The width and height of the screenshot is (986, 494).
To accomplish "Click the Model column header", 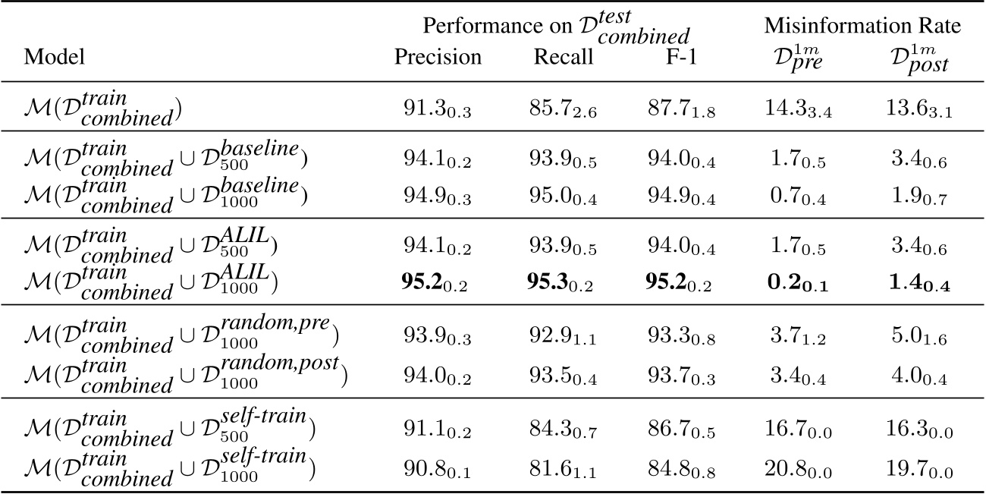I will (54, 58).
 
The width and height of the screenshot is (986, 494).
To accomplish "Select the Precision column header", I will (438, 58).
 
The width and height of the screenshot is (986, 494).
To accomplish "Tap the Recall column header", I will (563, 58).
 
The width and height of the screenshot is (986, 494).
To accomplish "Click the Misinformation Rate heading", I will (862, 26).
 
